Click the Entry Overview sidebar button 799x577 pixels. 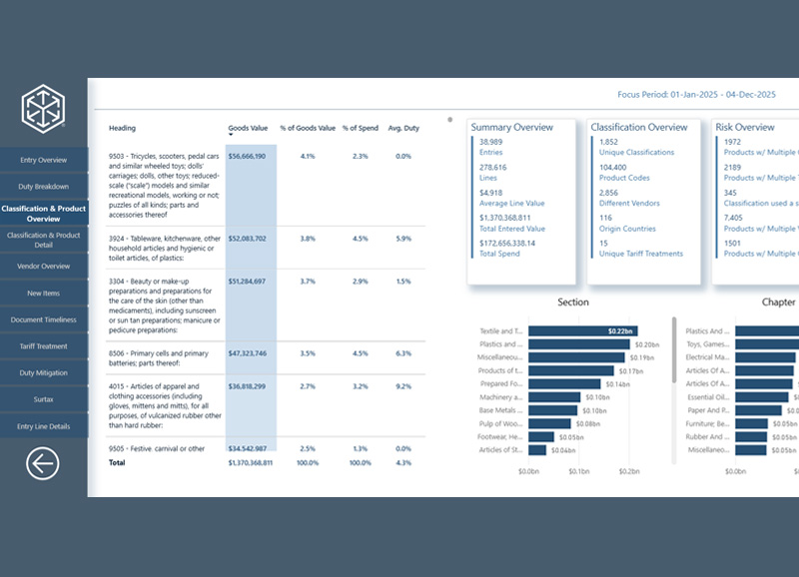coord(43,160)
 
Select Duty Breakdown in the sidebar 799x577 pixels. coord(43,187)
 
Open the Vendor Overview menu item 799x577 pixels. coord(43,267)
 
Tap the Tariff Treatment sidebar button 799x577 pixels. coord(43,346)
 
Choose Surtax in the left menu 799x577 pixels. coord(43,399)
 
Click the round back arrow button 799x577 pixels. coord(43,462)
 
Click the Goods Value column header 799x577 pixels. coord(247,128)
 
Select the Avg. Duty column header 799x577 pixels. coord(403,128)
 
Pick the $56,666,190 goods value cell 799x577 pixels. coord(247,156)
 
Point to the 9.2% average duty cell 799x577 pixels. coord(403,385)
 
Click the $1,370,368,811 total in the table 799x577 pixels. coord(247,463)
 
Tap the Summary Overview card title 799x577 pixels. coord(511,128)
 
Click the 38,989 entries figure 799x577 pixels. coord(491,142)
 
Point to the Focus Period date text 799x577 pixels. coord(696,94)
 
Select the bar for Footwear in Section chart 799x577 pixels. coord(542,436)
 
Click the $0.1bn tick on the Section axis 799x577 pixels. coord(579,471)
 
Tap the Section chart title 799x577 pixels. coord(573,301)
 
